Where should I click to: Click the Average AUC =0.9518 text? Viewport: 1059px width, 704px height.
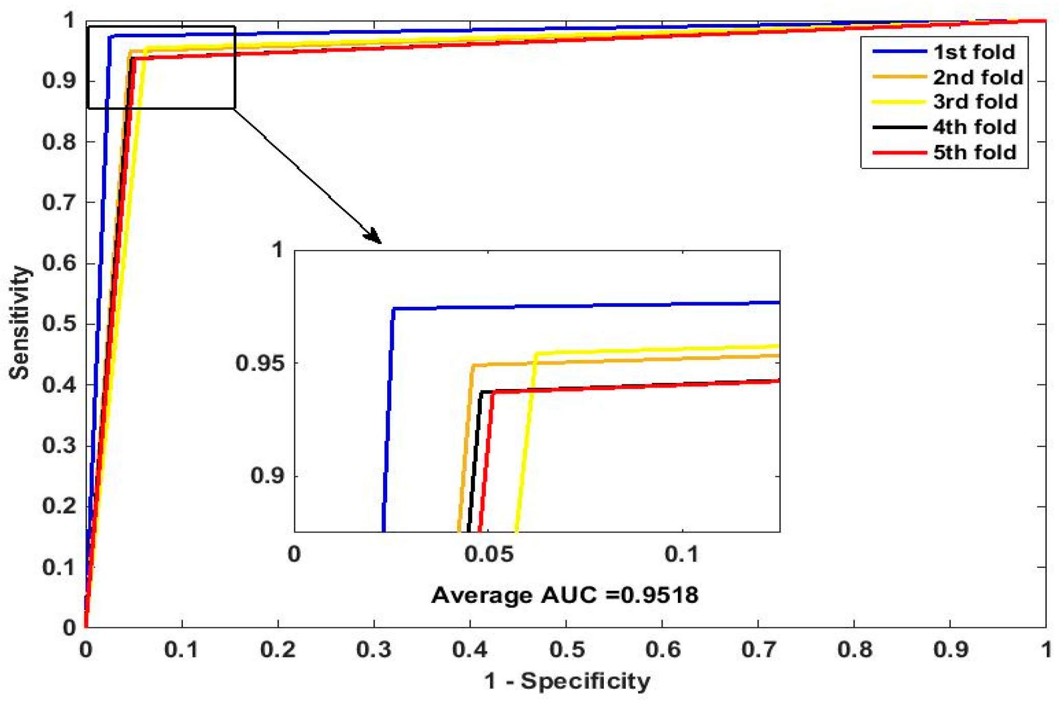click(564, 595)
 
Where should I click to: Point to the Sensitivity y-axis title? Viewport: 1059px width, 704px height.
click(19, 323)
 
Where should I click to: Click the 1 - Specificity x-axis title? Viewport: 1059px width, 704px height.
click(567, 681)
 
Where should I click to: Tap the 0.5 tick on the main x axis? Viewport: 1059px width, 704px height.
click(567, 649)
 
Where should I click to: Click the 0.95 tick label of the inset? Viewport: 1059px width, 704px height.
click(259, 363)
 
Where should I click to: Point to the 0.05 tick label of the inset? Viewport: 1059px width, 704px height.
click(488, 554)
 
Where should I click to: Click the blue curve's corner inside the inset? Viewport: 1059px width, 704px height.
click(393, 309)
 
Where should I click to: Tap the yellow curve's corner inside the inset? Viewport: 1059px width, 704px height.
click(535, 353)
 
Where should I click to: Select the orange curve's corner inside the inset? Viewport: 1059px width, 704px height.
click(473, 366)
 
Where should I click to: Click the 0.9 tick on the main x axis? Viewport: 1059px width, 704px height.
click(950, 649)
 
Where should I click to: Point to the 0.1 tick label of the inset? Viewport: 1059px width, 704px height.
click(681, 554)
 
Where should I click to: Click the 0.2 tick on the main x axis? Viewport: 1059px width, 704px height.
click(278, 649)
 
